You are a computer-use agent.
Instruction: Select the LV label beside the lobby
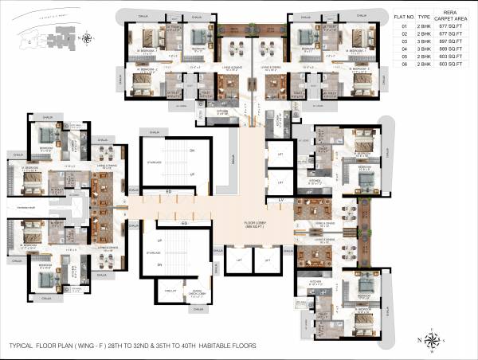tap(281, 200)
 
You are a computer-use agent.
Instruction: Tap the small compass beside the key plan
tap(87, 37)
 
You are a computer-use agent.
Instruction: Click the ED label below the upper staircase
tap(169, 192)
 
